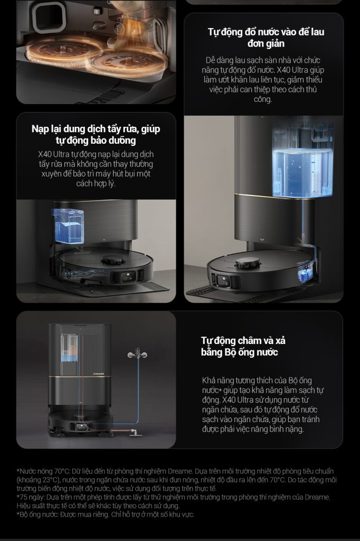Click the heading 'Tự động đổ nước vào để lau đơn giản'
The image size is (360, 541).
click(x=266, y=38)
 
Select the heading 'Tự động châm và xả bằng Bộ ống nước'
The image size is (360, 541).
click(x=243, y=347)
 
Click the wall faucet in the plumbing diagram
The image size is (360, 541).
click(x=137, y=354)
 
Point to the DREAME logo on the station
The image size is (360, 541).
click(x=99, y=374)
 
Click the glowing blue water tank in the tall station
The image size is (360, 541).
click(x=302, y=173)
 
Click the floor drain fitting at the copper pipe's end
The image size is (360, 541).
click(x=135, y=433)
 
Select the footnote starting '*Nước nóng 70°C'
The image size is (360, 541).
click(x=176, y=480)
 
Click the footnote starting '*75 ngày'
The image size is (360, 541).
click(x=174, y=501)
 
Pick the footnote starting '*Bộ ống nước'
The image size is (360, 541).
click(x=105, y=515)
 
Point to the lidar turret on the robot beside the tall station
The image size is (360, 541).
click(x=248, y=263)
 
